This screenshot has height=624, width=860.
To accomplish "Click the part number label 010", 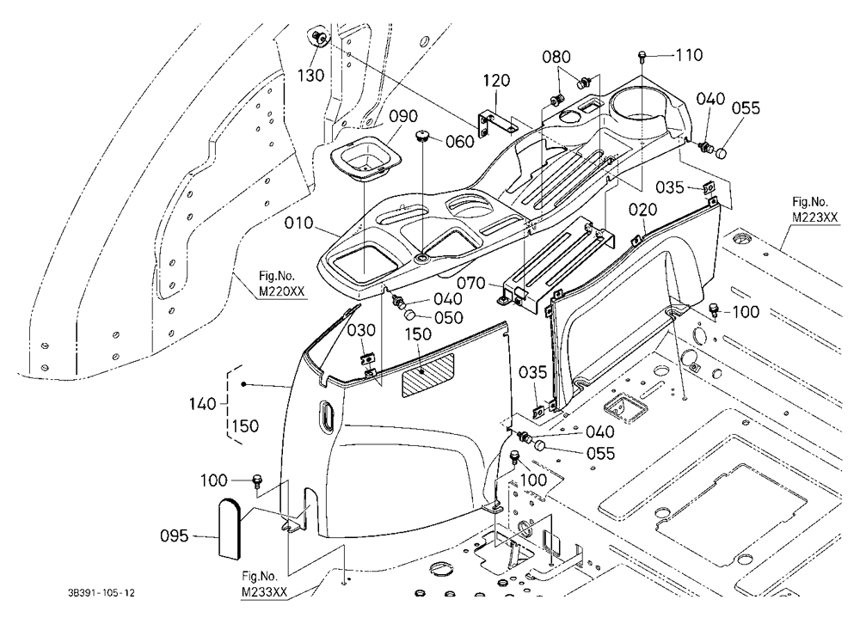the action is pos(299,223).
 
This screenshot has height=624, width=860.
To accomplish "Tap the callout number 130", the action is pos(311,75).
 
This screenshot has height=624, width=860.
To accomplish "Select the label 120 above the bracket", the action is pos(496,81).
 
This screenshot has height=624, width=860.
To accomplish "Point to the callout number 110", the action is pos(689,55).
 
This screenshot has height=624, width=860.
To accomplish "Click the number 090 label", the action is pos(403,116).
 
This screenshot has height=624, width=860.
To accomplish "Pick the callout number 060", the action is pos(459,142).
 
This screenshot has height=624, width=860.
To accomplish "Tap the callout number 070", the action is pos(471,283).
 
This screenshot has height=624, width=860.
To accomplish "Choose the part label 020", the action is pos(642,210).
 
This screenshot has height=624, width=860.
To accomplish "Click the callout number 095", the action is pos(175,535).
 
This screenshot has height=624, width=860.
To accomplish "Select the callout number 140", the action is pos(202,404).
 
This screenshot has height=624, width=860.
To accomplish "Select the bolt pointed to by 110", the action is pos(642,55).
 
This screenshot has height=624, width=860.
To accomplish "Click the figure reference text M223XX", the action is pos(814,217).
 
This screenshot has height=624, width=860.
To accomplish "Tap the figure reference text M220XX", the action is pos(281,291).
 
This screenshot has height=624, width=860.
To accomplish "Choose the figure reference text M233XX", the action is pos(264,593).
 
